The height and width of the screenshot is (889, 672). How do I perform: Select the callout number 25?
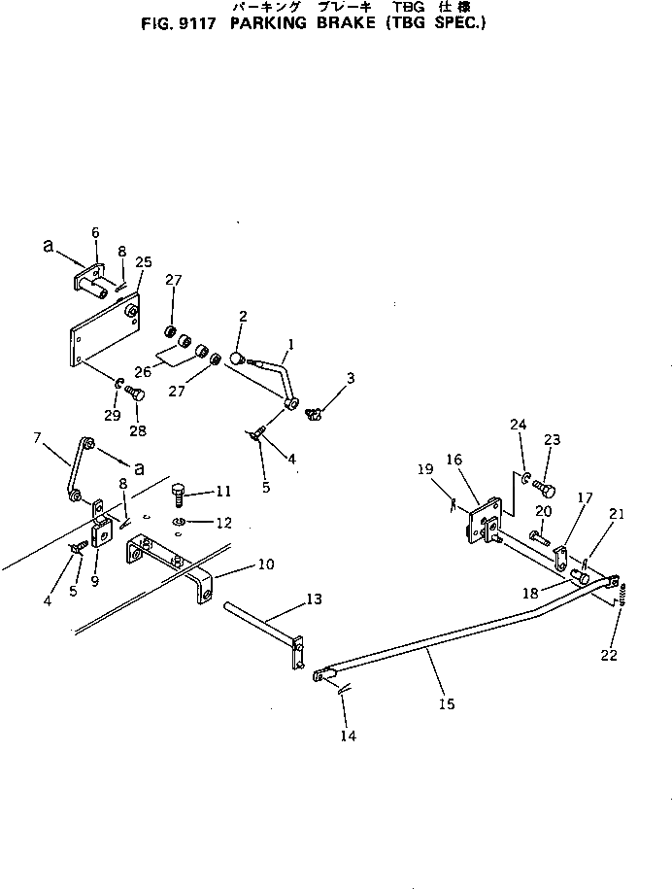[x=144, y=261]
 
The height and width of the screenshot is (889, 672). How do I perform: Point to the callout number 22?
[x=609, y=656]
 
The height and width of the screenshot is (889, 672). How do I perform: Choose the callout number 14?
[x=349, y=735]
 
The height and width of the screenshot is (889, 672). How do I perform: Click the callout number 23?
[x=553, y=439]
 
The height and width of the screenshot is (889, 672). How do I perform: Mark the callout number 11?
[x=223, y=491]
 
